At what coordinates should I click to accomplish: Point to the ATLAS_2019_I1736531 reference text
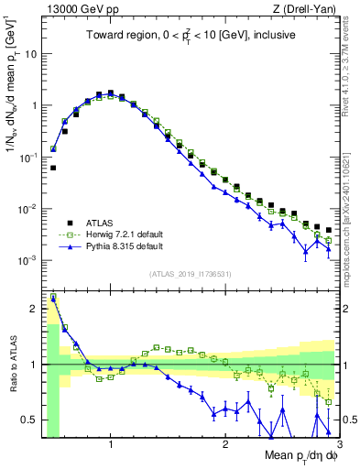coord(189,273)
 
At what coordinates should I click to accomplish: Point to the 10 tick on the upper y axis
coord(29,54)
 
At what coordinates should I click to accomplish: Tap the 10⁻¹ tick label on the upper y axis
coord(27,158)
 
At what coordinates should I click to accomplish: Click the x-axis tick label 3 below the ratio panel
coord(338,445)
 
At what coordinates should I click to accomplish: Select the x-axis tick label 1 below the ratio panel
coord(111,445)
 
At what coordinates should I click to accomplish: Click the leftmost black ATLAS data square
coord(53,168)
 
